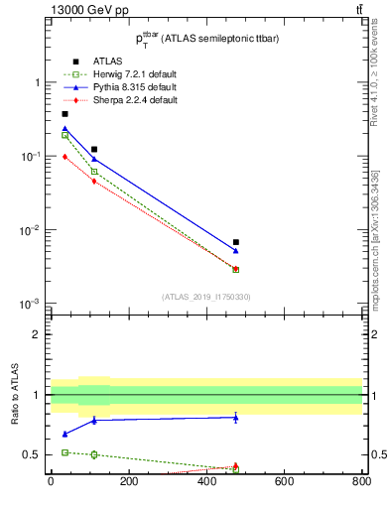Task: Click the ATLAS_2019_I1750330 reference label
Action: tap(204, 297)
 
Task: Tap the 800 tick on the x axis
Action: tap(361, 483)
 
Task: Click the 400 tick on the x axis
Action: tap(205, 483)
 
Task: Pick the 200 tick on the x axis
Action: tap(128, 483)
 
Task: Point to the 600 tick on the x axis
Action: tap(284, 483)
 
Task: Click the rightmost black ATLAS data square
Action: tap(235, 242)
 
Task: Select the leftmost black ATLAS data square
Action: tap(65, 114)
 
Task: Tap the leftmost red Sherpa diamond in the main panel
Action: tap(65, 157)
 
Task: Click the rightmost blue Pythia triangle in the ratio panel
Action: tap(235, 417)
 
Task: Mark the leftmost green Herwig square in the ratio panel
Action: tap(65, 452)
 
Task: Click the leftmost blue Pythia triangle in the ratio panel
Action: tap(65, 434)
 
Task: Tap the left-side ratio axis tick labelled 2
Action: tap(38, 334)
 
